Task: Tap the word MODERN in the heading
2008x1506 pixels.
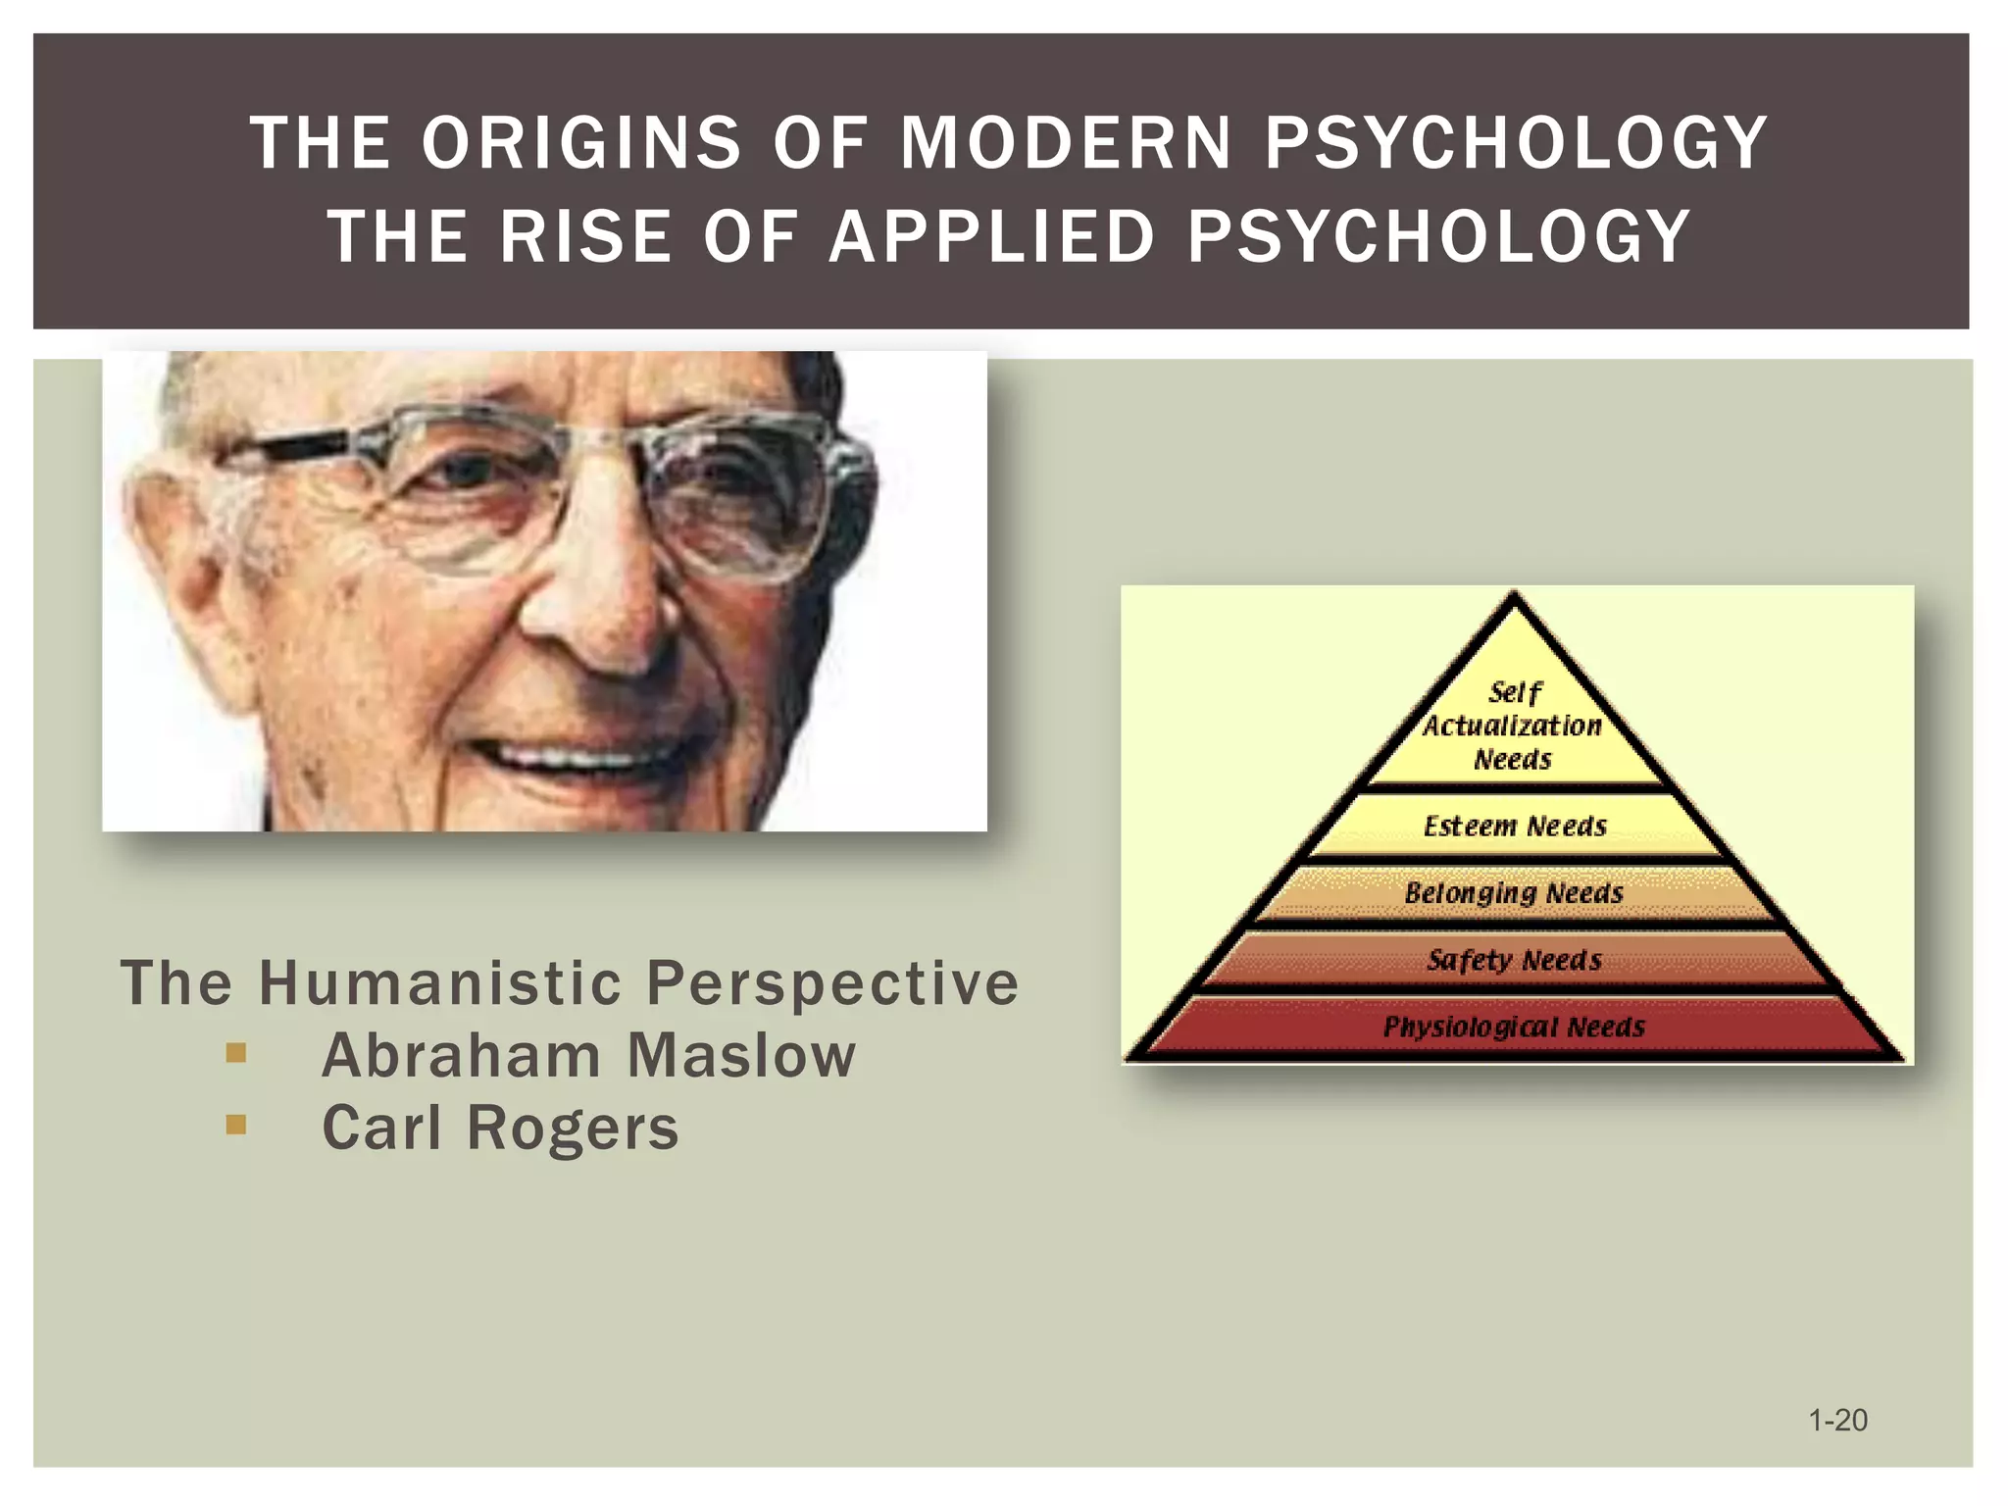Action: point(1066,143)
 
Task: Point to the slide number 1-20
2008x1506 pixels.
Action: point(1837,1420)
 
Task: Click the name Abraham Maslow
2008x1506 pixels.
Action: point(588,1056)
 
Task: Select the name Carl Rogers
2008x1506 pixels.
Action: point(500,1128)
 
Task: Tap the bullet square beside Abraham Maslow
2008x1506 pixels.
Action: point(235,1054)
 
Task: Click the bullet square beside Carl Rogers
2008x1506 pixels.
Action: point(235,1125)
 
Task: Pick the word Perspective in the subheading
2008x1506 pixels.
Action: point(832,982)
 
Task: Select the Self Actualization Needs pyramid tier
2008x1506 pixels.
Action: point(1513,726)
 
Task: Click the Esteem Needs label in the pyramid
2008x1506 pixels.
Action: point(1515,827)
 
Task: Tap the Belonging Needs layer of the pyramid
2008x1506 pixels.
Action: point(1514,893)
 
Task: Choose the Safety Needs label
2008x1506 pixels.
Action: point(1514,960)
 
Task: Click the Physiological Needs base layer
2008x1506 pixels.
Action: point(1514,1027)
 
